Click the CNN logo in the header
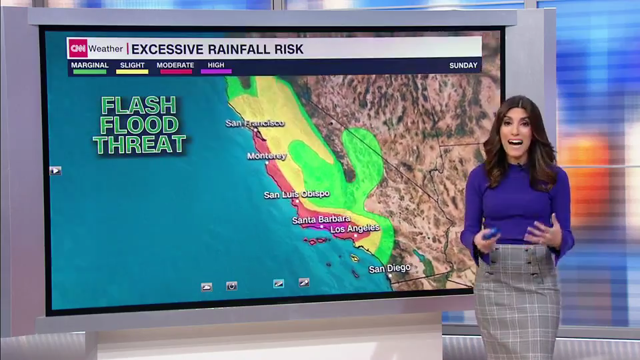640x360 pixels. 78,48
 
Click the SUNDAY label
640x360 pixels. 463,65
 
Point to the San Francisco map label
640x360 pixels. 255,123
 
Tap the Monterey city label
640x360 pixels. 267,156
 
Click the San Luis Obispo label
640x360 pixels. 297,195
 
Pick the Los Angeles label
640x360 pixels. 355,229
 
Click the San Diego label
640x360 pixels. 390,269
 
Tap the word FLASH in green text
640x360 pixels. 139,105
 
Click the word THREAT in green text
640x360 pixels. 139,144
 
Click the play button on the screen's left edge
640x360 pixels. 55,171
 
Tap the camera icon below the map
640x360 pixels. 231,286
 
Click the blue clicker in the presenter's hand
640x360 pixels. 491,233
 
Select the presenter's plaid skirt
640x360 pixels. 518,300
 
